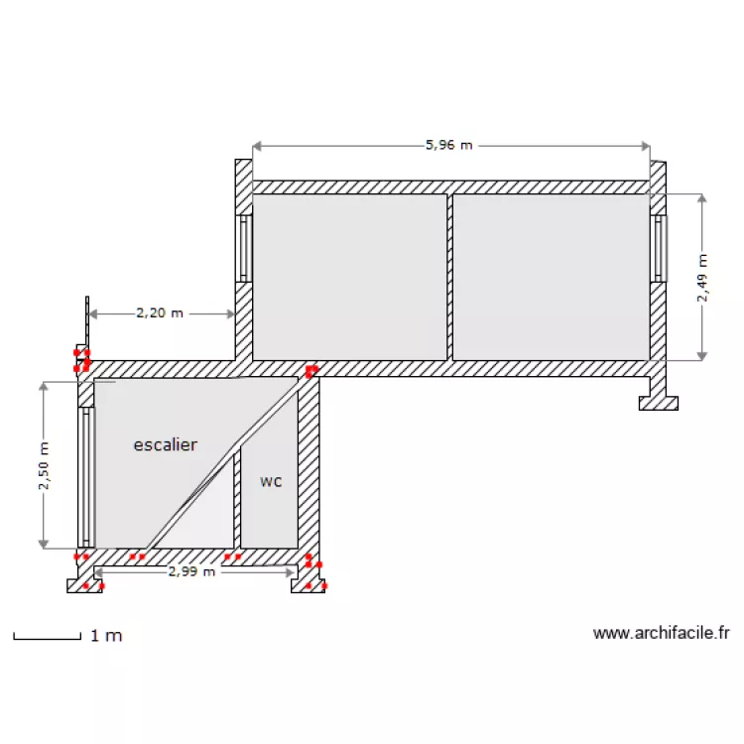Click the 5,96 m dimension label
448,145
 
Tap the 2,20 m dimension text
160,313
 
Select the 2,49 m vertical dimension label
702,278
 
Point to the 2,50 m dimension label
44,465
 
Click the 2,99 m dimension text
191,571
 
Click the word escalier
165,444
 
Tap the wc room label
271,482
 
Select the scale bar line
47,638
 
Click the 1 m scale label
106,635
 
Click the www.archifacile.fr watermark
661,633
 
